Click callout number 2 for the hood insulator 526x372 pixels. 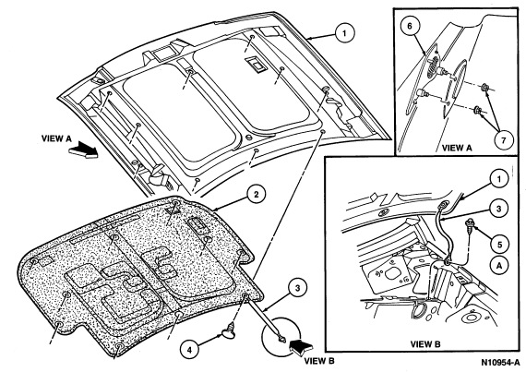coord(256,195)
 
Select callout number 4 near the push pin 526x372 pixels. coord(189,350)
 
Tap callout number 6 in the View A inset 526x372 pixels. coord(409,27)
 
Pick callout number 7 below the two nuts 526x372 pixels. coord(503,140)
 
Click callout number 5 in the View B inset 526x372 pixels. coord(499,245)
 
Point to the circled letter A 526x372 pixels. coord(499,266)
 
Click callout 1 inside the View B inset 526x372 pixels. coord(499,178)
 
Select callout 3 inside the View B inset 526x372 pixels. coord(499,209)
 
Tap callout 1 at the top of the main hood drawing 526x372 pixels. coord(344,33)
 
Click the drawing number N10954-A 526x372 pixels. coord(499,363)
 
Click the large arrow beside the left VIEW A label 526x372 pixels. coord(83,150)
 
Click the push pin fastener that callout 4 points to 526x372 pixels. coord(228,331)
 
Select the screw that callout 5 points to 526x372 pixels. coord(470,227)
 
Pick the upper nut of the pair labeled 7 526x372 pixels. coord(484,89)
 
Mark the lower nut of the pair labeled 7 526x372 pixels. coord(477,110)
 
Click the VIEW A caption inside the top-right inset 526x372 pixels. coord(457,148)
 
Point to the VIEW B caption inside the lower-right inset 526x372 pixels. coord(425,343)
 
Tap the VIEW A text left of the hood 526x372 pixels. coord(56,138)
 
